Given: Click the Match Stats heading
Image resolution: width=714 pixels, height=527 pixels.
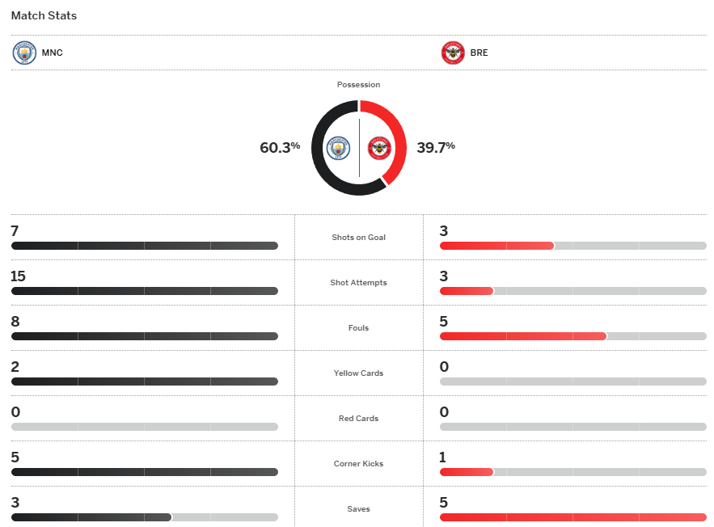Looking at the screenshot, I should coord(44,15).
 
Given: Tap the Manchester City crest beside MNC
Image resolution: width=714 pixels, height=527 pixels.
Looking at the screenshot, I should coord(25,53).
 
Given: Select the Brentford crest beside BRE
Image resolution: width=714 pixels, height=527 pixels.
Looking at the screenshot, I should coord(453,53).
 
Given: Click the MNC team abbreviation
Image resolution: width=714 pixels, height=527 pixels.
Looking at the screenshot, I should coord(53,53).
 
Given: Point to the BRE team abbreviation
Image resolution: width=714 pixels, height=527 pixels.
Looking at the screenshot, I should coord(479,53).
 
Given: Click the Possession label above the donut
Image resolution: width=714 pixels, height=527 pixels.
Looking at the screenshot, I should coord(358,85).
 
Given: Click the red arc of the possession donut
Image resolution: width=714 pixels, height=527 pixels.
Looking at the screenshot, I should coord(395,137).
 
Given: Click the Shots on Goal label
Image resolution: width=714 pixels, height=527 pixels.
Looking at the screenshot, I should coord(358,238).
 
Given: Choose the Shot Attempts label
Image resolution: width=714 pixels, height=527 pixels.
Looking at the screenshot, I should coord(358,283).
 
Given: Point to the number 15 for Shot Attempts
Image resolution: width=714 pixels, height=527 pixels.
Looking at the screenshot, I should coord(18,276).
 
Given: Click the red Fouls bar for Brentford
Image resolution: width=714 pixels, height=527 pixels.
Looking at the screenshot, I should coord(522,336).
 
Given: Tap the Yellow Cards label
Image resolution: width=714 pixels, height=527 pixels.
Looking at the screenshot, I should coord(358,373).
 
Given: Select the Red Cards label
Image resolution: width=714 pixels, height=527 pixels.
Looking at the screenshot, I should coord(358,419).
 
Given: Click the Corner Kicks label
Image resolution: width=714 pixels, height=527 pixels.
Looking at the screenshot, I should coord(358,464).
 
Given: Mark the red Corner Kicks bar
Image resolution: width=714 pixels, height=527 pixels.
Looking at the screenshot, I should coord(467,472).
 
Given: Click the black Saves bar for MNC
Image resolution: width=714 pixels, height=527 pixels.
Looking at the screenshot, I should coord(91,517).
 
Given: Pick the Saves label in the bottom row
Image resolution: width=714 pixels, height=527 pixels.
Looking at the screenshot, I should coord(358,509).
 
